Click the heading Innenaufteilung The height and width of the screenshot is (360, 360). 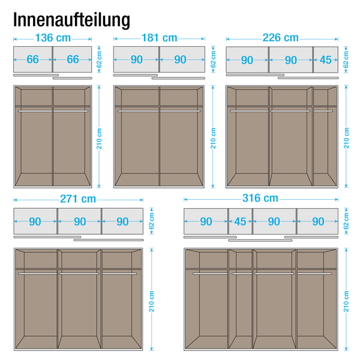click(x=71, y=20)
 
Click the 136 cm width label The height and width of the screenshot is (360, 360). click(x=53, y=38)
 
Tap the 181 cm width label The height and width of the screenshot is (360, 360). click(x=160, y=38)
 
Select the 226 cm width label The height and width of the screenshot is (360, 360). click(x=281, y=38)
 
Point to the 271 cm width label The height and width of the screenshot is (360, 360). click(x=78, y=199)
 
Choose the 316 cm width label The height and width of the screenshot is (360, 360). click(x=260, y=198)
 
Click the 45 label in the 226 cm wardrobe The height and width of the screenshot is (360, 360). click(x=326, y=60)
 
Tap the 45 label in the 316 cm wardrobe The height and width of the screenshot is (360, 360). click(x=240, y=221)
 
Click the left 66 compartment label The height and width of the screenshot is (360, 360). click(x=32, y=59)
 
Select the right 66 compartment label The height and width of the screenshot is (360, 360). click(x=73, y=59)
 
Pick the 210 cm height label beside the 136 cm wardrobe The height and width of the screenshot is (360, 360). click(x=99, y=139)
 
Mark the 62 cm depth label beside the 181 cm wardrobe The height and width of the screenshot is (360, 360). click(x=213, y=59)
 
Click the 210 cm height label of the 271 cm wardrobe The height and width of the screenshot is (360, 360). click(x=151, y=301)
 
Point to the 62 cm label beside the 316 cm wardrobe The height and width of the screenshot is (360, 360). click(x=346, y=221)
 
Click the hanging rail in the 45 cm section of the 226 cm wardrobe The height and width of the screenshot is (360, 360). click(x=323, y=111)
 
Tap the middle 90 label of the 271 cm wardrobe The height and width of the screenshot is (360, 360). click(x=80, y=221)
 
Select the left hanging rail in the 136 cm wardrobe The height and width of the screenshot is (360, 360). click(x=35, y=111)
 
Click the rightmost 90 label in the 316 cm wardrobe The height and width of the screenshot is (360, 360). click(x=318, y=221)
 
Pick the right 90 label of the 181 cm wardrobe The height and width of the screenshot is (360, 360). click(x=180, y=59)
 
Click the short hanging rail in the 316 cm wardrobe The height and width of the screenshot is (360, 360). click(x=242, y=274)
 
